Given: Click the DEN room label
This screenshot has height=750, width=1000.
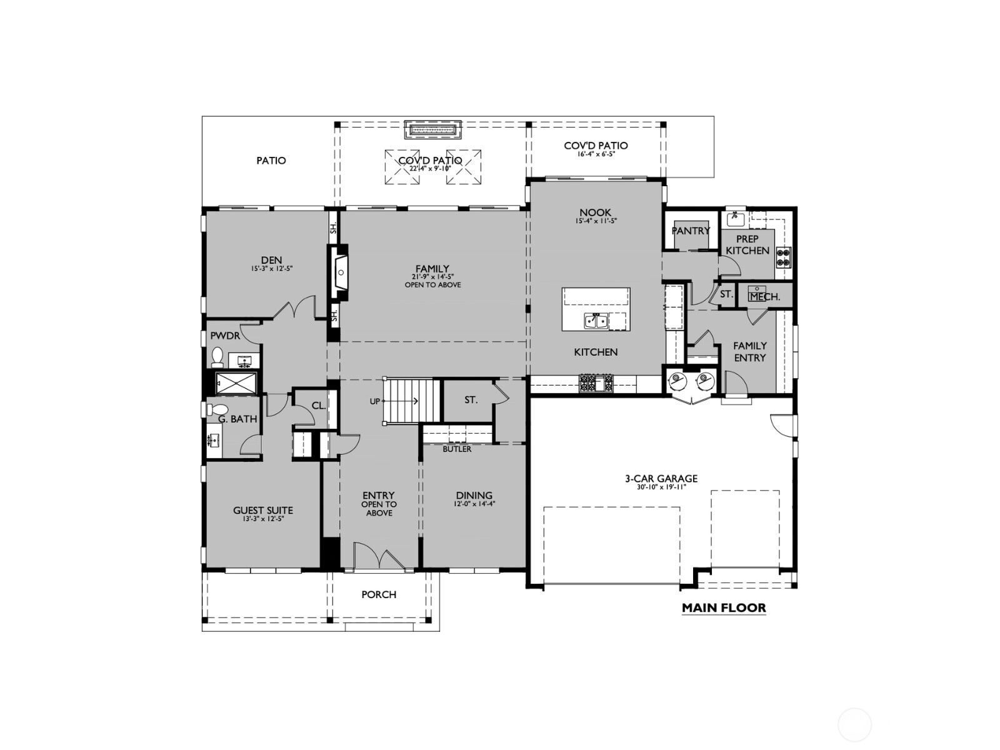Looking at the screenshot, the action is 271,260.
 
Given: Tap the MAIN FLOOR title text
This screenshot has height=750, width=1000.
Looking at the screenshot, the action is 724,607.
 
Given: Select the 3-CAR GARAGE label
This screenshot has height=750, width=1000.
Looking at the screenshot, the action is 661,479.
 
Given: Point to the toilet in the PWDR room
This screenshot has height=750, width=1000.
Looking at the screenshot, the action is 217,357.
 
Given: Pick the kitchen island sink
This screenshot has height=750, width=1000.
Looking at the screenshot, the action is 596,321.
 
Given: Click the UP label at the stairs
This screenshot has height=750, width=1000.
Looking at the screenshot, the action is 374,401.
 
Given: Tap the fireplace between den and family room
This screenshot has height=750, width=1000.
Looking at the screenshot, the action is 339,272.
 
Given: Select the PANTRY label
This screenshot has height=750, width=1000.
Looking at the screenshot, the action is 691,231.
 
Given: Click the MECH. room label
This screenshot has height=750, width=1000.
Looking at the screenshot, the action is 765,297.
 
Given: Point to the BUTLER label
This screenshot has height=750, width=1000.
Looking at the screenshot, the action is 457,449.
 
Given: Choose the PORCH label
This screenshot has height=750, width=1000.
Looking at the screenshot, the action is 379,594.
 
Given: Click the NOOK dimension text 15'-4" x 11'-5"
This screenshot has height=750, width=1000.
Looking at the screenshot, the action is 596,221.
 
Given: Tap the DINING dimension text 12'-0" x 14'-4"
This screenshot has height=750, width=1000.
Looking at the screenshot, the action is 474,504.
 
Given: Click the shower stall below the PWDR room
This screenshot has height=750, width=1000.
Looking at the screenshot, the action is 236,383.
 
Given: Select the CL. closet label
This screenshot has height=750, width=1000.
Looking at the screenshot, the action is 319,405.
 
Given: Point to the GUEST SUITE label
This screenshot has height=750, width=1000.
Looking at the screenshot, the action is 263,511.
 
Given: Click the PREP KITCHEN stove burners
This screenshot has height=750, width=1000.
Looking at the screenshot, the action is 783,257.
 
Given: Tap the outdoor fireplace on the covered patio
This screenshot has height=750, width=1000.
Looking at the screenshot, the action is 432,130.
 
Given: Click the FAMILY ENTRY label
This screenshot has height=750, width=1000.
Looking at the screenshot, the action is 750,352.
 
